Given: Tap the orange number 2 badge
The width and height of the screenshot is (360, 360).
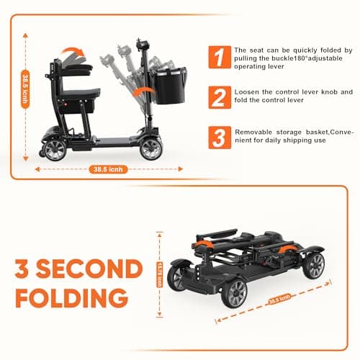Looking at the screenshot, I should pyautogui.click(x=217, y=97).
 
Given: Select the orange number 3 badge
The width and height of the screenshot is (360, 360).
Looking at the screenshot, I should pyautogui.click(x=217, y=137).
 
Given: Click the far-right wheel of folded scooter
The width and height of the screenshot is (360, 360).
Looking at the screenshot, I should pyautogui.click(x=315, y=266).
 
